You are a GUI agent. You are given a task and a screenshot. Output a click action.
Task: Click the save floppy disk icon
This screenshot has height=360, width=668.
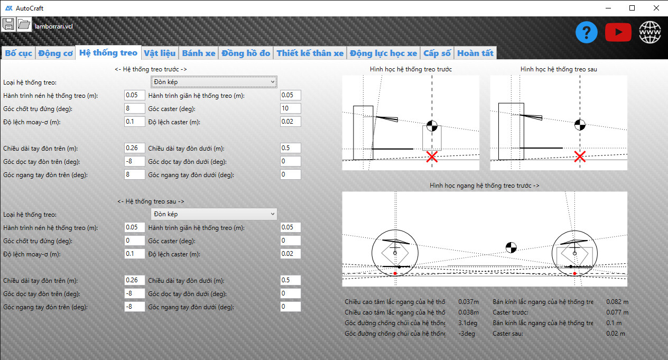coord(8,24)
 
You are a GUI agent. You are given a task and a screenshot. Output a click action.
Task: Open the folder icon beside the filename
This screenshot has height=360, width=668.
coord(24,24)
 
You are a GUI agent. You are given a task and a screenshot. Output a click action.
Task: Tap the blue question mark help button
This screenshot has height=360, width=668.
coord(586,32)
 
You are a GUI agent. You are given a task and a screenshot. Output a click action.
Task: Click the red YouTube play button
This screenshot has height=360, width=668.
coord(618,32)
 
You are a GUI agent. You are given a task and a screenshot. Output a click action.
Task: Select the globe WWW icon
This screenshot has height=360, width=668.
coord(650,32)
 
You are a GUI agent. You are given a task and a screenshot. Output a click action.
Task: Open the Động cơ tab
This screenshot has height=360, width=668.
coord(55,53)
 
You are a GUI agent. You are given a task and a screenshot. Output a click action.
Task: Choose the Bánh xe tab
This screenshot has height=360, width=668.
coord(199,53)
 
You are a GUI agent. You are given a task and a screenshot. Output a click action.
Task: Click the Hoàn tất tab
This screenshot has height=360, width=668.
coord(475,53)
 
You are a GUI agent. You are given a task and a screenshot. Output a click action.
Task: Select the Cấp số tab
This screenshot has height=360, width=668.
coord(437,53)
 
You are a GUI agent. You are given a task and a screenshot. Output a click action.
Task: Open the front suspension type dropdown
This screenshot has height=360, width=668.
coord(214,82)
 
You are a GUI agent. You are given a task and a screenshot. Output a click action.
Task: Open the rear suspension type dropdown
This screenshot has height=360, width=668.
coord(214,214)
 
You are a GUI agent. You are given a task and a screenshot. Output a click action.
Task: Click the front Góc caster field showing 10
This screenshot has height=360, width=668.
coord(291,108)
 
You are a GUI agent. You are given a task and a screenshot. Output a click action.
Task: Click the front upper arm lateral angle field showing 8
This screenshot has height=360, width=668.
coord(134,174)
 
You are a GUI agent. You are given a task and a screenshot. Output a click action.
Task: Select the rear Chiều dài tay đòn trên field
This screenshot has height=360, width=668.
coord(134,280)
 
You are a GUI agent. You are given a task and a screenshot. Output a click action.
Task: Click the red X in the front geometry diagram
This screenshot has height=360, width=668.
coord(432,156)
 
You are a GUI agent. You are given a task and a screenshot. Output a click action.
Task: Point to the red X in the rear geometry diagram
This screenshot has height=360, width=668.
coord(580,156)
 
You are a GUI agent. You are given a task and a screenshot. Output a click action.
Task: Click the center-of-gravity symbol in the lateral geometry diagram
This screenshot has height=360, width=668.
coord(511,247)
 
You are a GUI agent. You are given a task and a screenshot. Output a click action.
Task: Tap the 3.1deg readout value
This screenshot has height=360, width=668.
coord(468,323)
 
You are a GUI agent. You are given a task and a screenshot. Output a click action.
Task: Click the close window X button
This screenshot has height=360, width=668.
coord(656,8)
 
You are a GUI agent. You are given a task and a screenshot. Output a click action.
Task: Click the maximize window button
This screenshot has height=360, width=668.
coord(632,8)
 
